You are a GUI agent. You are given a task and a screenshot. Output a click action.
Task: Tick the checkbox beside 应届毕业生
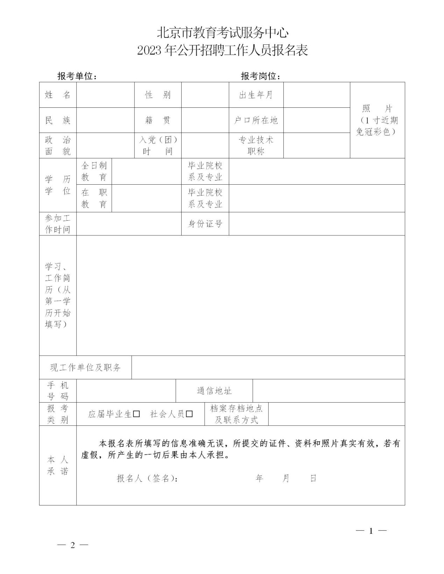point(136,414)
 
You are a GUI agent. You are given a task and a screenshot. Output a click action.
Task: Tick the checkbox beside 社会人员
point(189,414)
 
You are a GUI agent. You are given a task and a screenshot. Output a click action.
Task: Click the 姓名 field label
point(58,95)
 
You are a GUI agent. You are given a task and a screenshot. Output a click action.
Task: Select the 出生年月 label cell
point(256,95)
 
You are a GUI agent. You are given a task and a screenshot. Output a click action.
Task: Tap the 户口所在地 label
point(256,120)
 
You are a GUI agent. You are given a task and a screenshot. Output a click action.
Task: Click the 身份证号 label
point(205,224)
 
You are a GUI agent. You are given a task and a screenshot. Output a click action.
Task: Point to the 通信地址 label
point(214,391)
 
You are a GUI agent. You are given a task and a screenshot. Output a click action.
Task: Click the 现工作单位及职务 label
point(85,368)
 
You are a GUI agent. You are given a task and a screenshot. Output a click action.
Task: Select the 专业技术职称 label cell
point(256,146)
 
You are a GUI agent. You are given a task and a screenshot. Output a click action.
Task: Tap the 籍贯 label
point(158,120)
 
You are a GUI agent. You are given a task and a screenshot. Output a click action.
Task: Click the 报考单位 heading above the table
point(77,76)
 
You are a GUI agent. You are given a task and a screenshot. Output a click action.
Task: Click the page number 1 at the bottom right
point(371,531)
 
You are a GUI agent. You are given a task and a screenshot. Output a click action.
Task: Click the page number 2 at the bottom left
point(73,545)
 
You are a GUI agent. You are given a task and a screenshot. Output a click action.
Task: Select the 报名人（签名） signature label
point(147,478)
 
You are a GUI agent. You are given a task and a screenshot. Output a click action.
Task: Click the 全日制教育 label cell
point(94,171)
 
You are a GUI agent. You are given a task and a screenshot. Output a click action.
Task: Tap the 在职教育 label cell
point(94,198)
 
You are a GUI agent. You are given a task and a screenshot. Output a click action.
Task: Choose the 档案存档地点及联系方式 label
point(236,414)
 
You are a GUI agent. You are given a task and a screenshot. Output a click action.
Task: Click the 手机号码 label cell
point(58,391)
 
